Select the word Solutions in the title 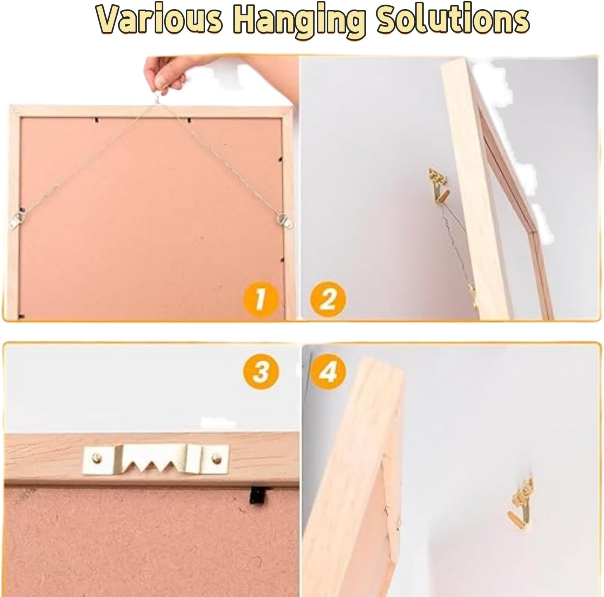pyautogui.click(x=452, y=19)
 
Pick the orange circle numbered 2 pyautogui.click(x=327, y=298)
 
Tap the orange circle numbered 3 pyautogui.click(x=260, y=372)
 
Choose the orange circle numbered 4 pyautogui.click(x=327, y=372)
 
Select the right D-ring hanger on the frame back pyautogui.click(x=284, y=220)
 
